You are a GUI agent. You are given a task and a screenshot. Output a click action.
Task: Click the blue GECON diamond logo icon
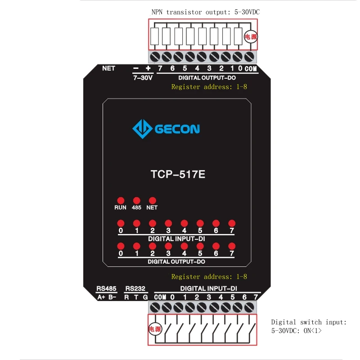[x=142, y=129]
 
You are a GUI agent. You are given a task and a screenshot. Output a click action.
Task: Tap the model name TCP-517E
[x=177, y=174]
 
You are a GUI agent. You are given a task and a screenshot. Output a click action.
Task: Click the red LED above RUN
[x=121, y=200]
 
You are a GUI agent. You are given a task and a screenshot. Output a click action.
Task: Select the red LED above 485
[x=136, y=200]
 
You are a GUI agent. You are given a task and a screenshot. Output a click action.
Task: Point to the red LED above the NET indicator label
[x=152, y=200]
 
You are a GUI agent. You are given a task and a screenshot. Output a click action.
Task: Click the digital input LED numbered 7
[x=232, y=223]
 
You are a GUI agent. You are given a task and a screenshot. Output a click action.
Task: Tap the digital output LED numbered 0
[x=121, y=246]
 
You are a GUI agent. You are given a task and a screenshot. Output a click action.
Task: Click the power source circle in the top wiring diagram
[x=250, y=37]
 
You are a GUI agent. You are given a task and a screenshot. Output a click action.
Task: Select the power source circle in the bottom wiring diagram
[x=155, y=329]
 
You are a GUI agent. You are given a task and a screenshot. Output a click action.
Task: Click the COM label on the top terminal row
[x=250, y=69]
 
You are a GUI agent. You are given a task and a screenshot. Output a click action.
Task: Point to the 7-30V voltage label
[x=143, y=77]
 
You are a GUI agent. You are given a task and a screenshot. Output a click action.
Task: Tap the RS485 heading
[x=107, y=288]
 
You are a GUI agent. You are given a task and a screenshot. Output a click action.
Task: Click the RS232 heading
[x=135, y=288]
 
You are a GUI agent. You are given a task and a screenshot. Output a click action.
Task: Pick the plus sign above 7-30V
[x=148, y=68]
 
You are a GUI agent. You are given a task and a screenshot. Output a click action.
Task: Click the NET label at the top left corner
[x=108, y=68]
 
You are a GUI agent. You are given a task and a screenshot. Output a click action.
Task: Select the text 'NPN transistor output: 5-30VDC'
[x=206, y=12]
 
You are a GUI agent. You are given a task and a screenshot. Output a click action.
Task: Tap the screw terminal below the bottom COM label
[x=155, y=308]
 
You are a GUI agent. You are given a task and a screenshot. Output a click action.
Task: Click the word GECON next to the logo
[x=177, y=130]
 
